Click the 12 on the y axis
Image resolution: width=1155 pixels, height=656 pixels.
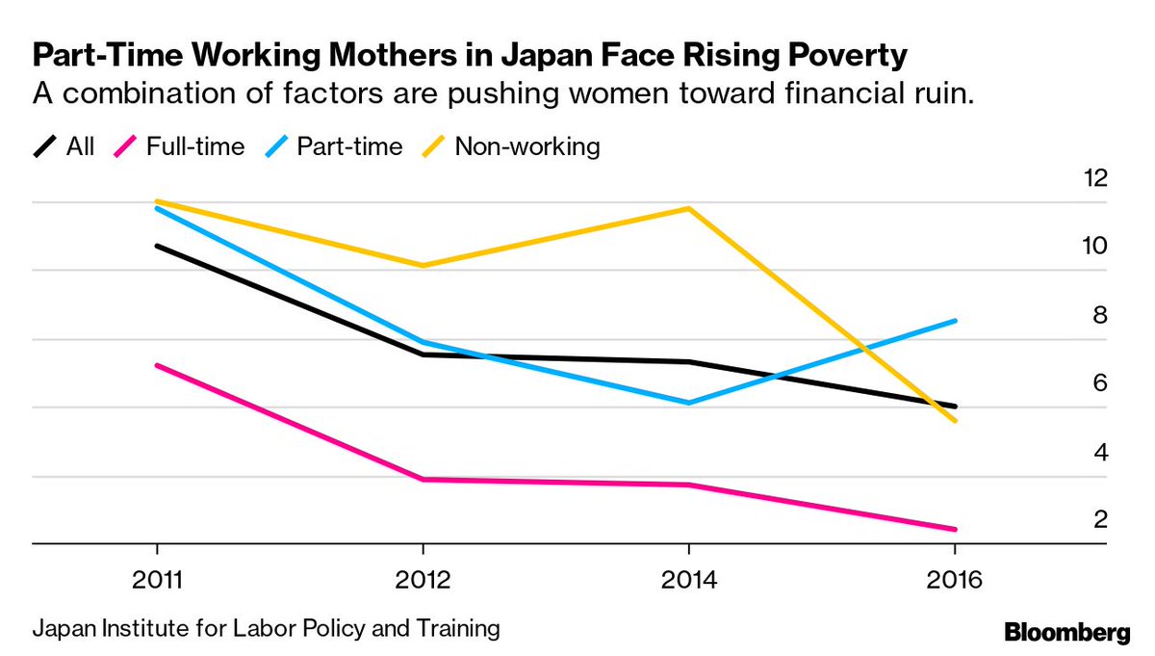tap(1094, 177)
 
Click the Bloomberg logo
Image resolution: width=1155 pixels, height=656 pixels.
tap(1066, 633)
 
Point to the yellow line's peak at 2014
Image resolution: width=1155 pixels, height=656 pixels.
tap(688, 208)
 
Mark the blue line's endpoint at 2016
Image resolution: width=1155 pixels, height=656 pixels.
tap(954, 321)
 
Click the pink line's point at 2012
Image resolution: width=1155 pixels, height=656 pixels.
tap(423, 479)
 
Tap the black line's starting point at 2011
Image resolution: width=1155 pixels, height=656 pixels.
tap(157, 246)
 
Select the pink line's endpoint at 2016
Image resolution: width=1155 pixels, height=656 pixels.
tap(954, 529)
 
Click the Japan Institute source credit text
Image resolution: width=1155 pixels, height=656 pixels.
tap(267, 630)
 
